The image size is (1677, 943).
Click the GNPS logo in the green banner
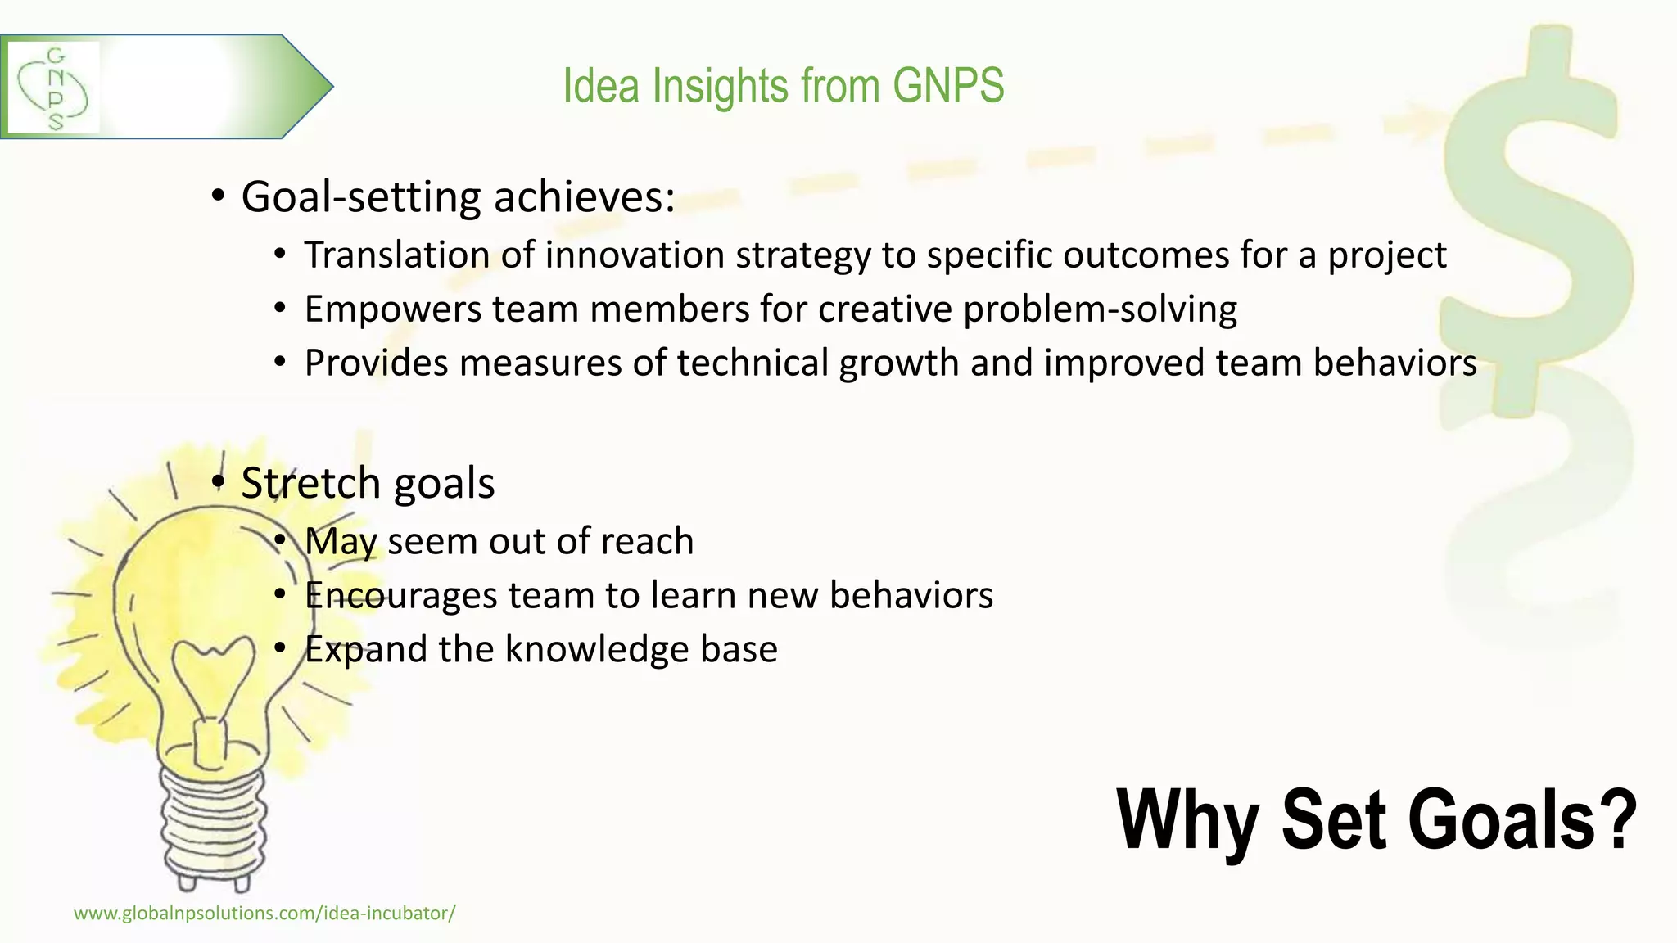(x=53, y=88)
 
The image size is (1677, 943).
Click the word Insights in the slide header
(x=721, y=85)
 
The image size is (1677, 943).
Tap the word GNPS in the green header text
(x=948, y=85)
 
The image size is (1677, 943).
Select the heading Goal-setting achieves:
(x=458, y=196)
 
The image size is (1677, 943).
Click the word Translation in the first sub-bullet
(x=397, y=255)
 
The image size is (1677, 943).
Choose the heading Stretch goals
(x=368, y=483)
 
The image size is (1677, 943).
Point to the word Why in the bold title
(x=1187, y=820)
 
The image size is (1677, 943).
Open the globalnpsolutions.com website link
(x=264, y=914)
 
